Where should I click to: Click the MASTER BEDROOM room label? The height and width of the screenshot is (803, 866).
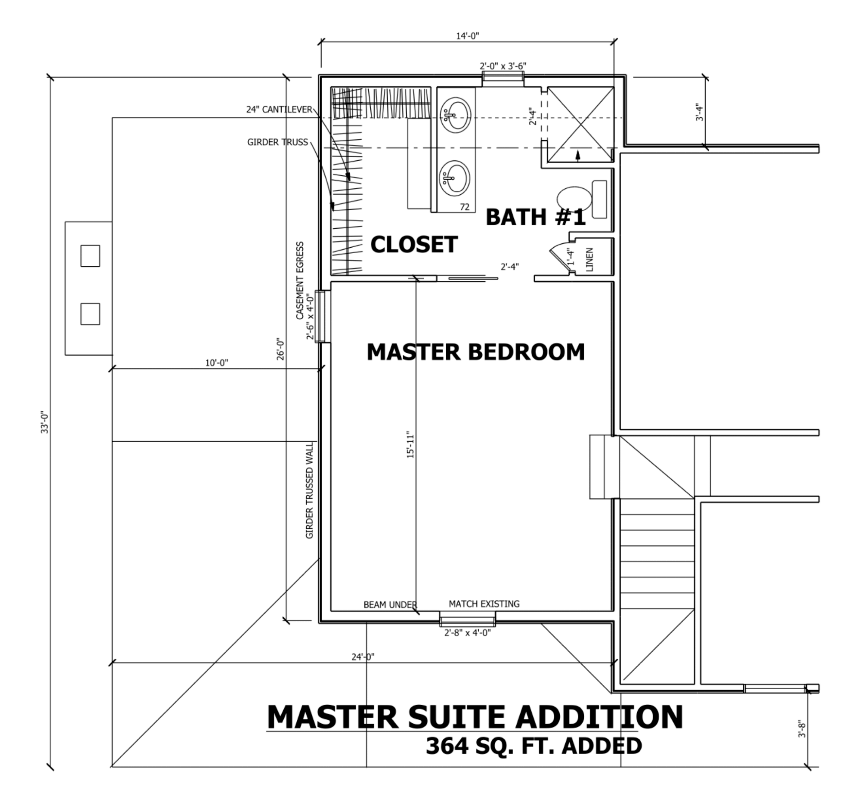(x=475, y=352)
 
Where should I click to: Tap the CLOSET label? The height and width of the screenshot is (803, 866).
(x=414, y=245)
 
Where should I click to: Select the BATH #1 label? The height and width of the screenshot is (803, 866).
(x=535, y=217)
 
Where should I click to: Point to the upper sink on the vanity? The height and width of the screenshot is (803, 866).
(x=455, y=115)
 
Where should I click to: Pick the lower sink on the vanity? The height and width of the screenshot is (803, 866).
(x=454, y=178)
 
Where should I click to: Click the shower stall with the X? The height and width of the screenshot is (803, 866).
(x=580, y=124)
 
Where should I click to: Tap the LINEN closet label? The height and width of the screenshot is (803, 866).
(x=589, y=259)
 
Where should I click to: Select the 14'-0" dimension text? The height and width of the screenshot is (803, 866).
(x=467, y=36)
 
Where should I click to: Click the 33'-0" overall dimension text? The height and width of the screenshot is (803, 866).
(x=45, y=422)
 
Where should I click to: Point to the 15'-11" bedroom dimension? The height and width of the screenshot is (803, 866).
(x=410, y=445)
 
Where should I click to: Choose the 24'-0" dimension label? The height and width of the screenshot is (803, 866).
(x=363, y=657)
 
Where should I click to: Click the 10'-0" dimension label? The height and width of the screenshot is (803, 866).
(x=217, y=363)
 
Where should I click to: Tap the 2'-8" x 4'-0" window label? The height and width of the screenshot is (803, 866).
(x=467, y=633)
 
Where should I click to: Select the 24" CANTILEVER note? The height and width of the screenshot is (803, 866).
(x=279, y=110)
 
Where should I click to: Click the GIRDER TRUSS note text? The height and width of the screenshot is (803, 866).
(x=277, y=142)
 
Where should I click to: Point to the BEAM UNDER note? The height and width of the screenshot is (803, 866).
(x=390, y=605)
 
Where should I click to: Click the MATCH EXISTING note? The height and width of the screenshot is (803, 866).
(x=483, y=604)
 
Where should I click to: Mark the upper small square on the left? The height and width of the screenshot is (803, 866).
(x=90, y=256)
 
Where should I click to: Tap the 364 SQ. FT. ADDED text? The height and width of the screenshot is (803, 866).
(x=533, y=746)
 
